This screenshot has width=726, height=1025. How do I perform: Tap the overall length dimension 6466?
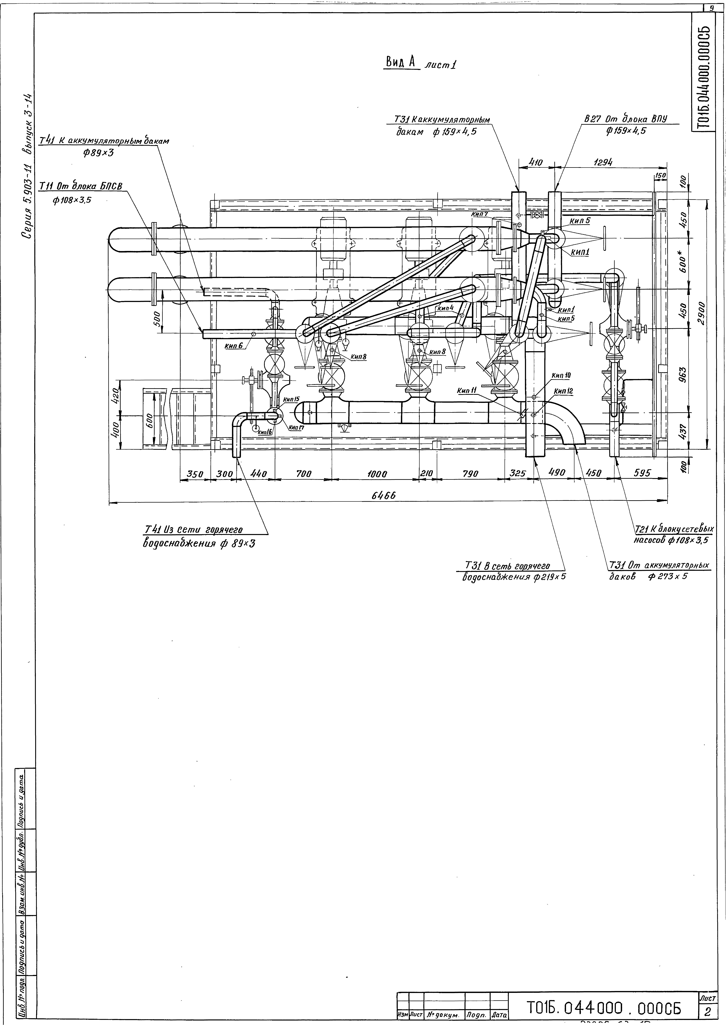click(x=384, y=496)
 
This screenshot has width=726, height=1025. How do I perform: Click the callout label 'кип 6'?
click(x=234, y=346)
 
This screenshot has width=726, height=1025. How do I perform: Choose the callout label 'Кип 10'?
click(x=561, y=376)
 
